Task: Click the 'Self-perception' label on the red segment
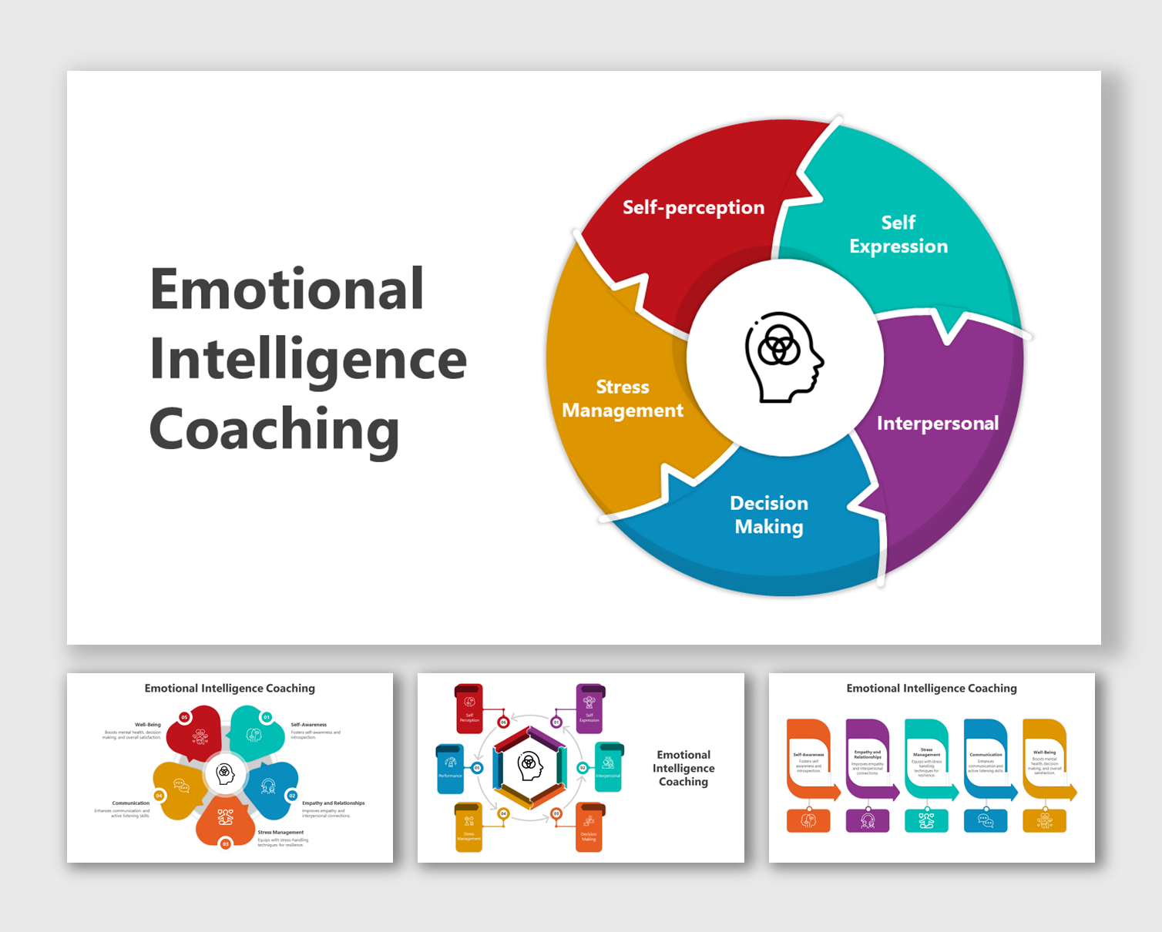click(x=694, y=207)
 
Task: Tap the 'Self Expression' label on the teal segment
click(x=898, y=234)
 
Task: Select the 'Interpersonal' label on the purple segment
click(x=937, y=423)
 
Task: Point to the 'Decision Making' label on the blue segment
click(x=769, y=515)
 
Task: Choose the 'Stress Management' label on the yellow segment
click(x=623, y=398)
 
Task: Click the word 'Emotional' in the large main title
click(x=287, y=289)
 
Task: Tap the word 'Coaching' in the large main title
click(x=274, y=430)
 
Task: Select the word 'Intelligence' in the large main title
click(x=308, y=360)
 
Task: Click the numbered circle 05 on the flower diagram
click(x=184, y=717)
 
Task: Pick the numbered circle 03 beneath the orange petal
click(x=226, y=844)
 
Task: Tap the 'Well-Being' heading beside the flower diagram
click(x=148, y=725)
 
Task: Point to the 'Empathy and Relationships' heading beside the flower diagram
click(x=333, y=803)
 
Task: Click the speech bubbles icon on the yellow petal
click(x=181, y=786)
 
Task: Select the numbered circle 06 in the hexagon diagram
click(x=503, y=722)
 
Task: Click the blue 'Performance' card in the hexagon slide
click(x=450, y=768)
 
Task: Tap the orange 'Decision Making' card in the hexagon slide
click(x=589, y=828)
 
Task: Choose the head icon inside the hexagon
click(x=529, y=766)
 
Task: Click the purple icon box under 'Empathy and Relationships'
click(x=868, y=821)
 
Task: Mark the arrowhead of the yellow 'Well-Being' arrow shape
click(x=1071, y=793)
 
